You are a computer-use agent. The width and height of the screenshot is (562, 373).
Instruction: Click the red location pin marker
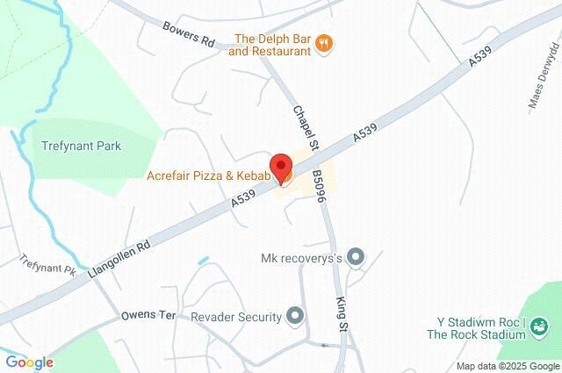tap(281, 167)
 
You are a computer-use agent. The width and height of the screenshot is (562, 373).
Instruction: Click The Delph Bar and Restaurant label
tap(270, 45)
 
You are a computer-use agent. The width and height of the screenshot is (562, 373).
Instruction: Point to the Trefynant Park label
tap(82, 146)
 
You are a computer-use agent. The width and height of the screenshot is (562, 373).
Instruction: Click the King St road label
tap(342, 313)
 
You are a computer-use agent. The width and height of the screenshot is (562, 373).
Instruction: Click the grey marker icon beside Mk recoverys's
tap(356, 257)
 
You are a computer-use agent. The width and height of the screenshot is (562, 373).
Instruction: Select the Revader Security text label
tap(235, 316)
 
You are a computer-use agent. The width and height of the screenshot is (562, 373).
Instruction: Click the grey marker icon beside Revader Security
tap(296, 315)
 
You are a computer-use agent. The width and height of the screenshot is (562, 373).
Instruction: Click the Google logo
tap(29, 362)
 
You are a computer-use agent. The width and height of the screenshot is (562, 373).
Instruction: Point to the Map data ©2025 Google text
tap(507, 366)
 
